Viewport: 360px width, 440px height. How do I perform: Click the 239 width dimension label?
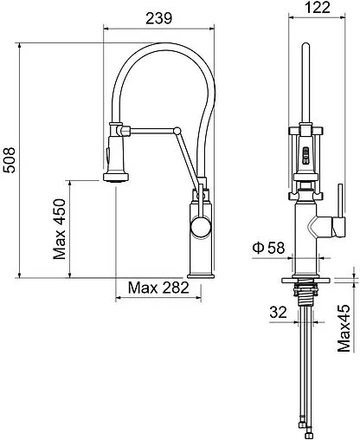158,18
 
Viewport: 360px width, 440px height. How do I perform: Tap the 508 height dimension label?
10,160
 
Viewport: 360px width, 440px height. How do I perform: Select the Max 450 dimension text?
60,229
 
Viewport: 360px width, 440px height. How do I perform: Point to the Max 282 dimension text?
158,288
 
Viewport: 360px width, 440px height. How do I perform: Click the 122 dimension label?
318,7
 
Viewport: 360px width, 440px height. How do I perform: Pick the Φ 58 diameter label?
268,248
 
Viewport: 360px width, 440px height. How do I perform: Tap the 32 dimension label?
279,312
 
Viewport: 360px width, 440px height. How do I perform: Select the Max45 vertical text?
344,328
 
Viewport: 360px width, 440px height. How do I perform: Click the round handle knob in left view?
200,227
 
